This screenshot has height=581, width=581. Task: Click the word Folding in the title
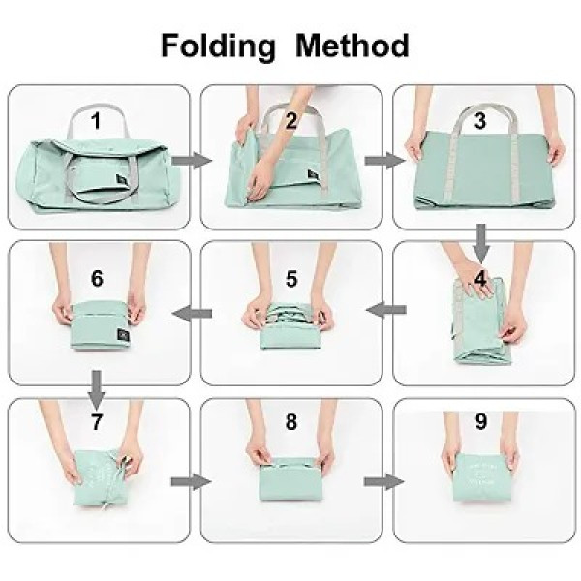click(219, 46)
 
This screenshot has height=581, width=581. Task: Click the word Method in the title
click(352, 45)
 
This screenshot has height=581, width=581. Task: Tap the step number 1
click(96, 121)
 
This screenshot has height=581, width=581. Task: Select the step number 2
click(290, 121)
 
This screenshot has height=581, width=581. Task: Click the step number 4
click(481, 277)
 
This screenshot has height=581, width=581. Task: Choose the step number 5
click(290, 278)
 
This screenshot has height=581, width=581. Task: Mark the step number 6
click(97, 278)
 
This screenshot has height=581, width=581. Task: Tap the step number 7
click(96, 423)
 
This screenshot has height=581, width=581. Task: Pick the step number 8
click(290, 423)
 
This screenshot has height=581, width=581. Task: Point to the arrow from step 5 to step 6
click(195, 311)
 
